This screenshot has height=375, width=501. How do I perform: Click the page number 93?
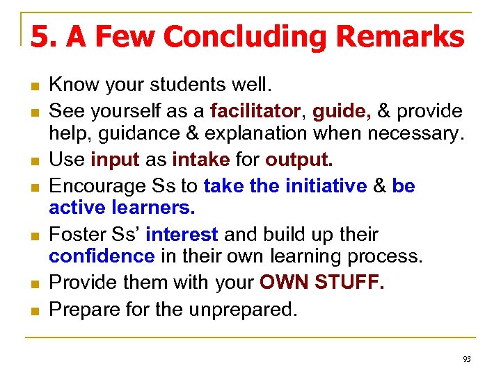(466, 359)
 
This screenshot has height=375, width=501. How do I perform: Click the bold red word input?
(116, 160)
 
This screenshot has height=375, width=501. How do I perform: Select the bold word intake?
(200, 160)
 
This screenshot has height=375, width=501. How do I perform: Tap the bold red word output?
(299, 160)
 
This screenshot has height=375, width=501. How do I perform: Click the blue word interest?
(182, 235)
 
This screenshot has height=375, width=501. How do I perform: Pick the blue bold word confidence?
(102, 256)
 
